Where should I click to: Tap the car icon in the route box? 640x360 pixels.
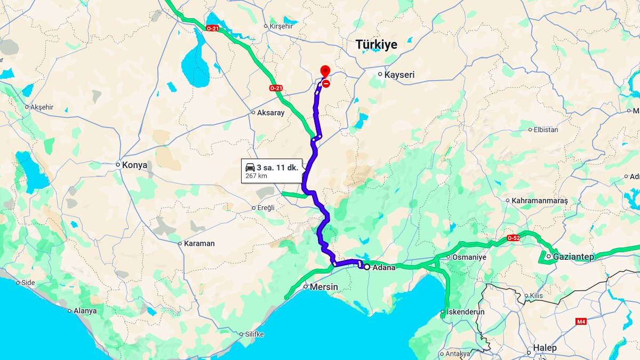click(250, 167)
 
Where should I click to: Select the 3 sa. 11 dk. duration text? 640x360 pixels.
click(277, 167)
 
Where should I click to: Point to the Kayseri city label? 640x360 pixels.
click(399, 75)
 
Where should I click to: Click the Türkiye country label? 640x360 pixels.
click(377, 45)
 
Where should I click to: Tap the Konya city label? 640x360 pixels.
click(134, 165)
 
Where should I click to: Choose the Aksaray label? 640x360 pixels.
click(271, 113)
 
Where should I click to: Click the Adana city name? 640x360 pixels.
click(384, 267)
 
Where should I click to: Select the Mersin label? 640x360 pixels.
click(324, 287)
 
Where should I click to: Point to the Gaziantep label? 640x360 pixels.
click(573, 257)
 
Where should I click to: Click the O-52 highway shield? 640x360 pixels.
click(513, 238)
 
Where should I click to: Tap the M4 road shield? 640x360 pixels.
click(581, 322)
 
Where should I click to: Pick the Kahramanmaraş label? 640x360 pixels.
click(540, 201)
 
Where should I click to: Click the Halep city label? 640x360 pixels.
click(545, 348)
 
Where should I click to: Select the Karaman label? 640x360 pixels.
click(199, 243)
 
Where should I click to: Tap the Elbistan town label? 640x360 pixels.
click(546, 130)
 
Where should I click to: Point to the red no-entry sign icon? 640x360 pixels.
click(326, 83)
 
